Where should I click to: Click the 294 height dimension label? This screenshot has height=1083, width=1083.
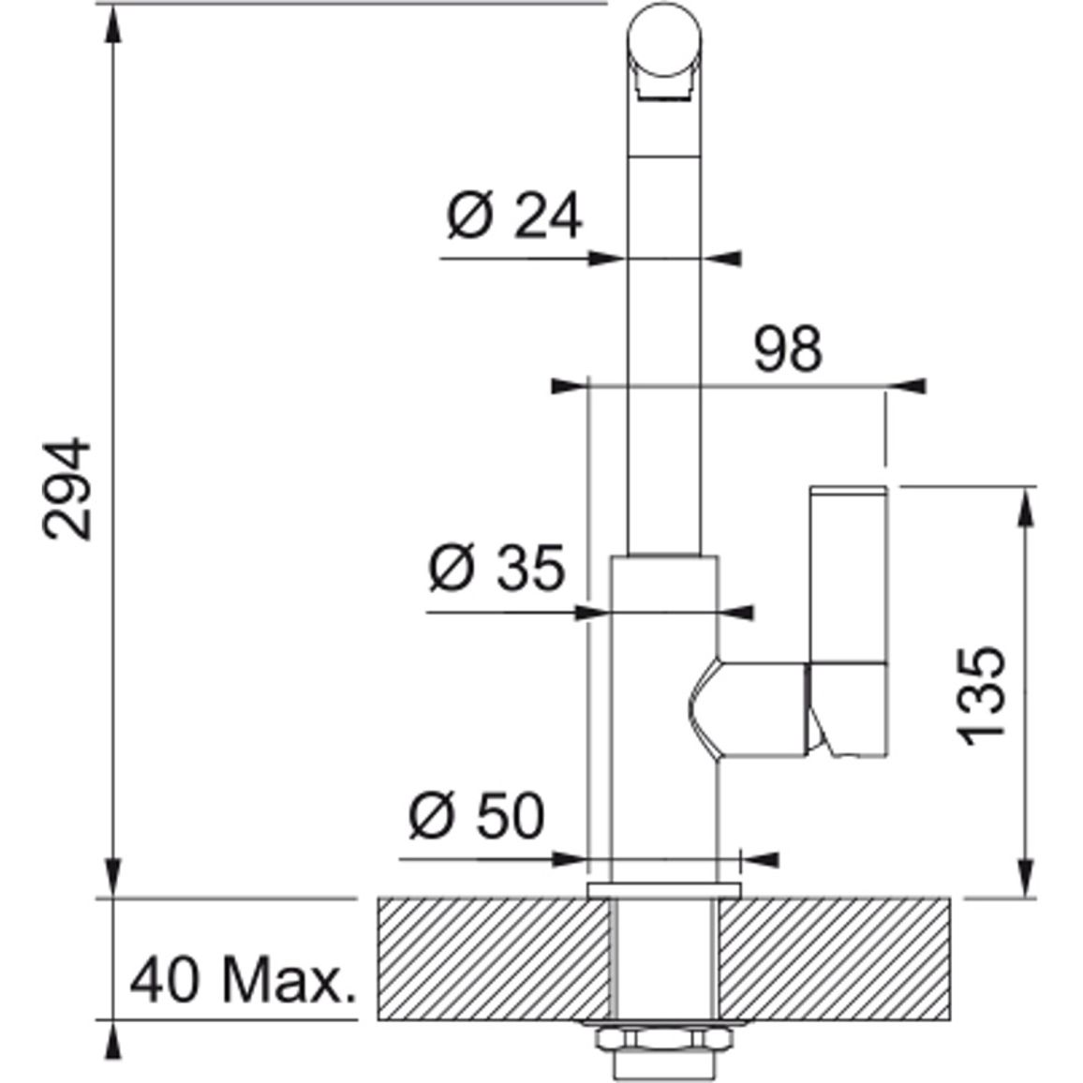[x=67, y=488]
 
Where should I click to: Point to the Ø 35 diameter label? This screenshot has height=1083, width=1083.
[x=497, y=567]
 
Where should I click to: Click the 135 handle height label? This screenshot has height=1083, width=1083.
[x=982, y=695]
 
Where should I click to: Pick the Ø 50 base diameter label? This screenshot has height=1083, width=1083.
[x=477, y=815]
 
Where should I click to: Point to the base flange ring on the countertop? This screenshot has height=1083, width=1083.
[x=663, y=890]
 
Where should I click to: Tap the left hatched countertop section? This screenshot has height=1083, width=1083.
[x=493, y=958]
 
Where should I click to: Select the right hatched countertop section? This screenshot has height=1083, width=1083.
[x=834, y=958]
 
